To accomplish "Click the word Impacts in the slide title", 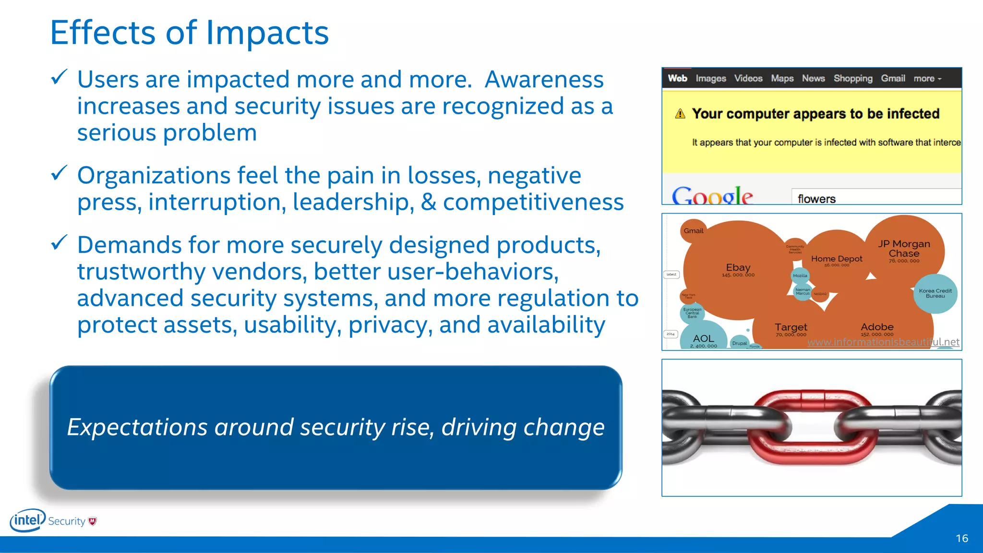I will pyautogui.click(x=267, y=34).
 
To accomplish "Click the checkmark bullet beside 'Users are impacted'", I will pyautogui.click(x=59, y=77).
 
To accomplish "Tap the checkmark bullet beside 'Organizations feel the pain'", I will pyautogui.click(x=59, y=173).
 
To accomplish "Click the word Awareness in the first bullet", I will pyautogui.click(x=544, y=80).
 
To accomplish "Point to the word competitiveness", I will pyautogui.click(x=533, y=202).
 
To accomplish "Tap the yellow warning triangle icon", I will pyautogui.click(x=680, y=114).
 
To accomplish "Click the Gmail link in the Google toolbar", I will pyautogui.click(x=893, y=78).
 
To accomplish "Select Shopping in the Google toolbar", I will pyautogui.click(x=852, y=78).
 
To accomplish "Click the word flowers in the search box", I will pyautogui.click(x=816, y=199).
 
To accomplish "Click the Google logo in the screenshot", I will pyautogui.click(x=712, y=196).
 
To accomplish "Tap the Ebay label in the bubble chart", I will pyautogui.click(x=738, y=268).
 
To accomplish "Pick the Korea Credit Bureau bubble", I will pyautogui.click(x=935, y=293).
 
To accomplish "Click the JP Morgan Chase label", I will pyautogui.click(x=904, y=249).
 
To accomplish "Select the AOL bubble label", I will pyautogui.click(x=703, y=339).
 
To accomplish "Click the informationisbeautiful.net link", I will pyautogui.click(x=883, y=342).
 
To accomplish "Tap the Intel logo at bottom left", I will pyautogui.click(x=28, y=520).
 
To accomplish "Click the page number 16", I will pyautogui.click(x=961, y=539).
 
